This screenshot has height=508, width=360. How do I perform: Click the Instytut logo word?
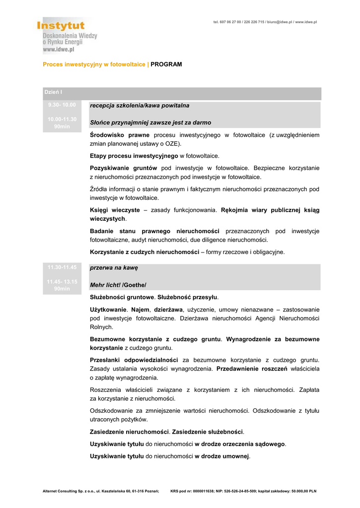tap(61, 25)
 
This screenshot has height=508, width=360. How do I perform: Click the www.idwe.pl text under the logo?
tap(58, 49)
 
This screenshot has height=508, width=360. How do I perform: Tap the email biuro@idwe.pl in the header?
tap(280, 22)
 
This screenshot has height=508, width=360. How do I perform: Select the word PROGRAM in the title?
tap(166, 64)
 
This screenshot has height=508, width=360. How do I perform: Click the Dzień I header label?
tap(53, 93)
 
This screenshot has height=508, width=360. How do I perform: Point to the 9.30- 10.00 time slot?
tap(62, 105)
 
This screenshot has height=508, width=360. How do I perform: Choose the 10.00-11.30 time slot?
tap(62, 119)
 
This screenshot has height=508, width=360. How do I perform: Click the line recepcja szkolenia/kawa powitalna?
tap(140, 106)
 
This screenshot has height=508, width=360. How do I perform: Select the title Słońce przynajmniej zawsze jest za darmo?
tap(150, 123)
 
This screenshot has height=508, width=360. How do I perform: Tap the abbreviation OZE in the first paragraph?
tap(164, 143)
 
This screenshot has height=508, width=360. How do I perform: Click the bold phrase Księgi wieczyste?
tap(115, 210)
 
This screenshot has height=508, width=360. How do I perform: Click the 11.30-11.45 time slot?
tap(62, 267)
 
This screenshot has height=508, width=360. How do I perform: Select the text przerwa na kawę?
tap(114, 268)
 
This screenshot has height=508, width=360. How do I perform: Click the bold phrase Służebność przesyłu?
tap(188, 297)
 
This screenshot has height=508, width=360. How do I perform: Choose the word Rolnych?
tap(101, 327)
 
